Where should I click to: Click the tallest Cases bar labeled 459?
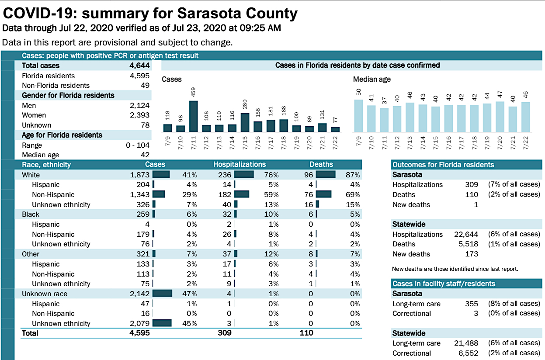193,116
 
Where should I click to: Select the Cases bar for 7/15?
245,122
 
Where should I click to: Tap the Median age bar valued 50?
358,116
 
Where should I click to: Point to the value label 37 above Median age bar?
384,100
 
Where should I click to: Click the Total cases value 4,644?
139,66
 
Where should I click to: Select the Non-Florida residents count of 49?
145,86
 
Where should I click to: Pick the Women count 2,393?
140,115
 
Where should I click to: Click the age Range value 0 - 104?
137,145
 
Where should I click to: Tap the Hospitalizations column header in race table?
240,165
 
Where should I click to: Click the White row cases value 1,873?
140,175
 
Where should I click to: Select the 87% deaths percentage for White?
354,175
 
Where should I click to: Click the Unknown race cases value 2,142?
140,294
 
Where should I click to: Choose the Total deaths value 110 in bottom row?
306,333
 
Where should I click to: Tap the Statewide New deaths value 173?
472,254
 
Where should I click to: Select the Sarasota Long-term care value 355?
472,304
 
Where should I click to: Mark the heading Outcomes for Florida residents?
443,165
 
